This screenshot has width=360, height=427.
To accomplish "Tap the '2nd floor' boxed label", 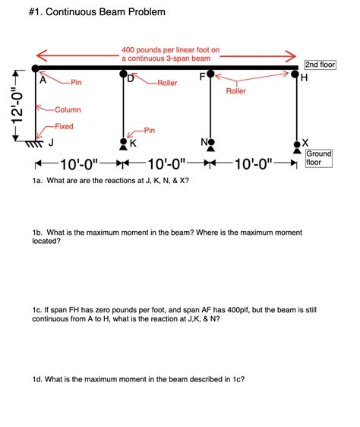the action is click(319, 65).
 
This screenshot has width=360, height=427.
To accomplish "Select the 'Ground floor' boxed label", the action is click(319, 157).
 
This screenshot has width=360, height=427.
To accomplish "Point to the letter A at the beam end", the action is click(43, 79).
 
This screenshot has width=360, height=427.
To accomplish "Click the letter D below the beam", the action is click(131, 79).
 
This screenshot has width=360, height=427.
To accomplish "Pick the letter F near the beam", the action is click(202, 77).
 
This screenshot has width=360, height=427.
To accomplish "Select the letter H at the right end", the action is click(305, 79).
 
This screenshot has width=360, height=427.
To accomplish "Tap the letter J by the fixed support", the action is click(51, 142).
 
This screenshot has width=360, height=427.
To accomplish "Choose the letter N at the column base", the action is click(203, 142).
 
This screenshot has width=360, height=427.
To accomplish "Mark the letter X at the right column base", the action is click(305, 142).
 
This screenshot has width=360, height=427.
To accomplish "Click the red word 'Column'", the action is click(68, 110).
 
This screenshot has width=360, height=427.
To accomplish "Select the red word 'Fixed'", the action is click(64, 126).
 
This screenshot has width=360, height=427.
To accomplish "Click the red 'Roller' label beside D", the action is click(167, 82).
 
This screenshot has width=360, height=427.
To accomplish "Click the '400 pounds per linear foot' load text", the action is click(170, 50).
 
